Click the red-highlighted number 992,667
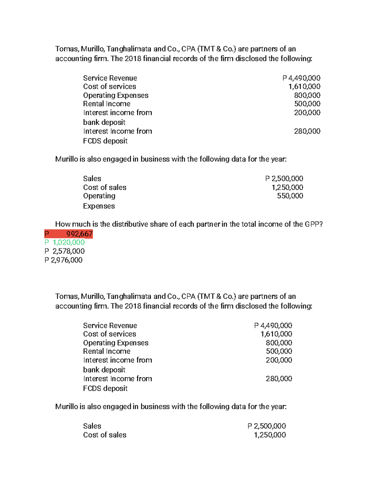coord(79,234)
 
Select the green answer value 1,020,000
coord(69,242)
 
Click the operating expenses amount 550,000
coord(290,196)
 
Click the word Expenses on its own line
coord(99,206)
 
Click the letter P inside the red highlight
coord(47,234)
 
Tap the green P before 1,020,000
coord(47,242)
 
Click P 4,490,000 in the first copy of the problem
coord(301,78)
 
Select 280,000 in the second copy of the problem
coord(279,379)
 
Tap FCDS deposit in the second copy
coord(105,389)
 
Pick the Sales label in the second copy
coord(92,426)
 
